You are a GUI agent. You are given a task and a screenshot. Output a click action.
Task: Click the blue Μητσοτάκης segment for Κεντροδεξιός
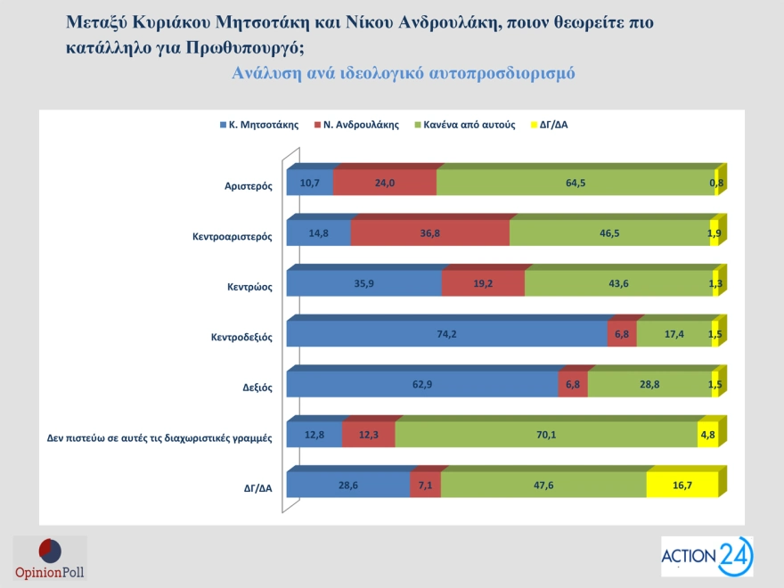[446, 335]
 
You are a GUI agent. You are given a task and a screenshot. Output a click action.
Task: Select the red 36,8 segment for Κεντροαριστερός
[429, 233]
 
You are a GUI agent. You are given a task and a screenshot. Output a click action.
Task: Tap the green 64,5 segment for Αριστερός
[575, 183]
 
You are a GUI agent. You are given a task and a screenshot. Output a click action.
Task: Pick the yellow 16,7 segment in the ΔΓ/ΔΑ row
[682, 485]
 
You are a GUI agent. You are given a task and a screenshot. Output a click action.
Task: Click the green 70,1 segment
[545, 435]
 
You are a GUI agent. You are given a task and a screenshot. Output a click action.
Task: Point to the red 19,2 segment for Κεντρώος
[483, 283]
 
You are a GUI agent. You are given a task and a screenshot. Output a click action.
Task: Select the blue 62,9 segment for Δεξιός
[421, 385]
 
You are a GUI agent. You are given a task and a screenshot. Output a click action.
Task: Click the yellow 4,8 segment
[707, 435]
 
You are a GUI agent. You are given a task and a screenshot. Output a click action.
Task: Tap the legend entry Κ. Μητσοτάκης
[259, 125]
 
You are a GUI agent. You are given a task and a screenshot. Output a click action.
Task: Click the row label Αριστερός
[249, 186]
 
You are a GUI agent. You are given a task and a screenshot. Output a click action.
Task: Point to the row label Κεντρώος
[249, 287]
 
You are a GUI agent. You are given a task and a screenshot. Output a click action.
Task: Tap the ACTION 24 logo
[706, 556]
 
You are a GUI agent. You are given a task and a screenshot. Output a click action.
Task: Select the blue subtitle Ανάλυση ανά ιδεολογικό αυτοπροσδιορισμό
[403, 73]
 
